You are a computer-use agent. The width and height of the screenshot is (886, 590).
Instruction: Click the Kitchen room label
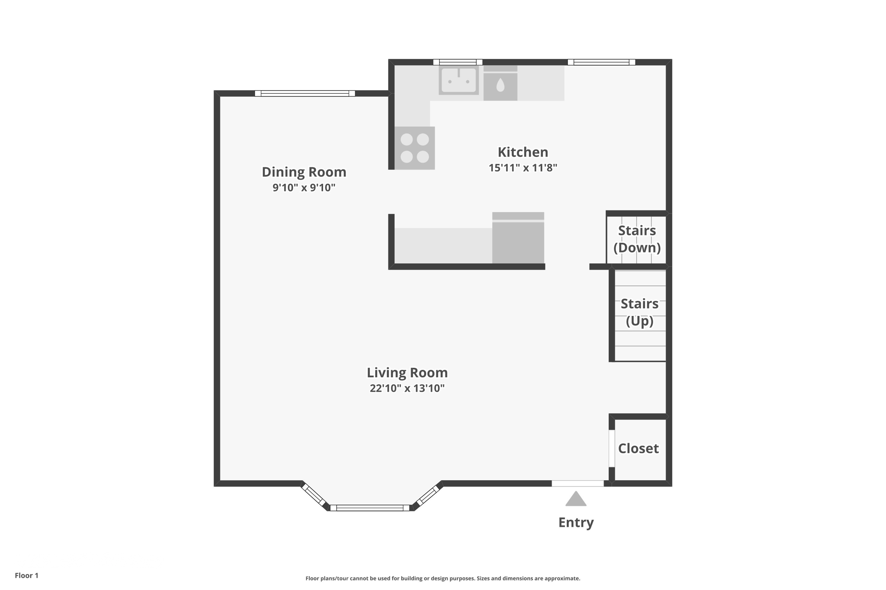point(523,152)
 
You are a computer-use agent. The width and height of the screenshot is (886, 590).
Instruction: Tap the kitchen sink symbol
point(459,80)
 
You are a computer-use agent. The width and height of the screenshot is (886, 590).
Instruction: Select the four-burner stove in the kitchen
point(414,148)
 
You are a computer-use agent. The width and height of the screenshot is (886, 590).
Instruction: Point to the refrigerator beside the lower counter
point(518,239)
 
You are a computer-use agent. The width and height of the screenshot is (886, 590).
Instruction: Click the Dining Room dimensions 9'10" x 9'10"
point(304,188)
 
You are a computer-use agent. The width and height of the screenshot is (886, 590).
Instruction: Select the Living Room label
point(407,373)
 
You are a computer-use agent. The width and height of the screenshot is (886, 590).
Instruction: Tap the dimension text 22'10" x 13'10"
point(407,388)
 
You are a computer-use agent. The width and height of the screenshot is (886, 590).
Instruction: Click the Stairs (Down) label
point(637,239)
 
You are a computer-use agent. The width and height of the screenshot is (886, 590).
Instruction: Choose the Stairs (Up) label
point(639,312)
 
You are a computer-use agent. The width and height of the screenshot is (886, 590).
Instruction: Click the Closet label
point(638,449)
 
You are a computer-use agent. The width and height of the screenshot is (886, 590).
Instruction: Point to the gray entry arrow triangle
point(576,500)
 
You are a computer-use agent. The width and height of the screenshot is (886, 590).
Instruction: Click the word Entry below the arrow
point(576,523)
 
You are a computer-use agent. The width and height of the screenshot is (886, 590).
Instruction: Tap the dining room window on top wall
point(305,93)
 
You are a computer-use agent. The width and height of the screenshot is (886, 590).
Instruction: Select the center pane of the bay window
point(370,508)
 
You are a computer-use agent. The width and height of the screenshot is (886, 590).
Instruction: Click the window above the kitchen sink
point(458,62)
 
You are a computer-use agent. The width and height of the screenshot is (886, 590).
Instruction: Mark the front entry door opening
point(578,483)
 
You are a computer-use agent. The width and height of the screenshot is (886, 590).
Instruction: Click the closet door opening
point(612,448)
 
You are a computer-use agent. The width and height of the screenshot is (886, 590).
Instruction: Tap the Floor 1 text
point(26,575)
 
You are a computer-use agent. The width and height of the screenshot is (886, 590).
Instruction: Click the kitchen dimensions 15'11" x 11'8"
point(523,168)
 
